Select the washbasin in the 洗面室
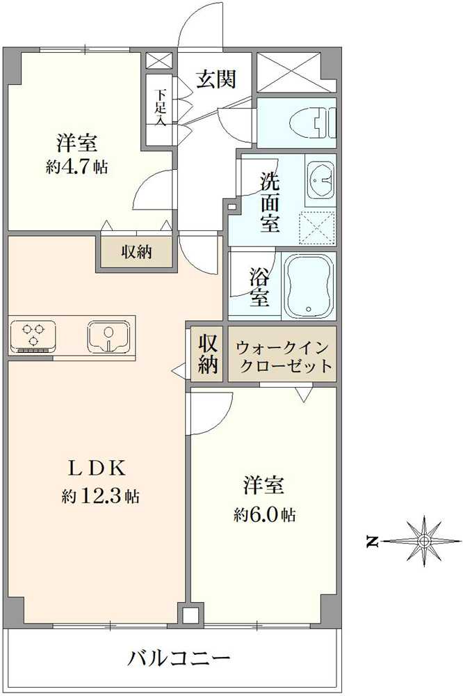[x=320, y=180]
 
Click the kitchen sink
[x=108, y=336]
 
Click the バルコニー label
[x=179, y=657]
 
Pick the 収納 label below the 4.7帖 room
[x=135, y=251]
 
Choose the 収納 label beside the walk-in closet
[x=207, y=354]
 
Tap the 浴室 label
[x=259, y=286]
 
